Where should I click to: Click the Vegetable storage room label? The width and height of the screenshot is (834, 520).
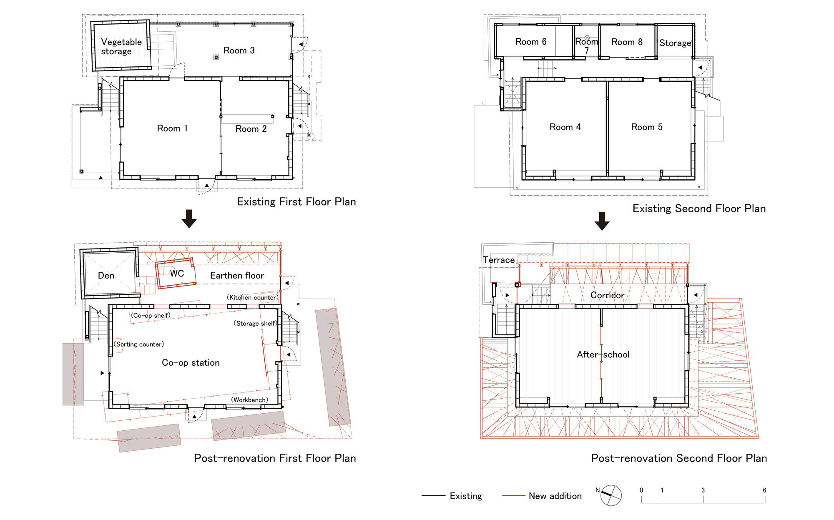[x=121, y=47]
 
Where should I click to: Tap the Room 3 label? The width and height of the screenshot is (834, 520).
[x=239, y=50]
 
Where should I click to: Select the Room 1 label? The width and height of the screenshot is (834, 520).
[x=172, y=128]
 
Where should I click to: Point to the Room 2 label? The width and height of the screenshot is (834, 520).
[x=251, y=129]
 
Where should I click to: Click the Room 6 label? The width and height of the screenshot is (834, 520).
[x=531, y=42]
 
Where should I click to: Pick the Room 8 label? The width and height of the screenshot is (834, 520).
[x=627, y=42]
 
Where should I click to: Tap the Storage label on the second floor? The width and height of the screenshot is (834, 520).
[x=675, y=43]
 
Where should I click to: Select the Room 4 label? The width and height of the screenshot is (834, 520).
[x=565, y=127]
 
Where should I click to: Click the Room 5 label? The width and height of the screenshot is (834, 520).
[x=647, y=127]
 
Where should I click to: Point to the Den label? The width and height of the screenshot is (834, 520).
[x=106, y=276]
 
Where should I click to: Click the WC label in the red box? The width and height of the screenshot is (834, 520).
[x=177, y=274]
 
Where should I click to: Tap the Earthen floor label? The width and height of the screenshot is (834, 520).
[x=237, y=276]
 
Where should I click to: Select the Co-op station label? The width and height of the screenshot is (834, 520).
[x=191, y=363]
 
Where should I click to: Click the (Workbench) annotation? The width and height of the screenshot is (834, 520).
[x=250, y=400]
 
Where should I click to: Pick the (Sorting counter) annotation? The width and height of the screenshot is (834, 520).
[x=139, y=344]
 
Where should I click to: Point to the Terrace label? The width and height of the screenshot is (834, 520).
[x=499, y=260]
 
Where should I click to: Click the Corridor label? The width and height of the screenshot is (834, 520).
[x=607, y=295]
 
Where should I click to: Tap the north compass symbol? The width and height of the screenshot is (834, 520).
[x=611, y=495]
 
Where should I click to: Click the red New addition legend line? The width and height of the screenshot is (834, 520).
[x=514, y=496]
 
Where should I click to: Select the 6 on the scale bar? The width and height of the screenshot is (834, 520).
[x=764, y=490]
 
